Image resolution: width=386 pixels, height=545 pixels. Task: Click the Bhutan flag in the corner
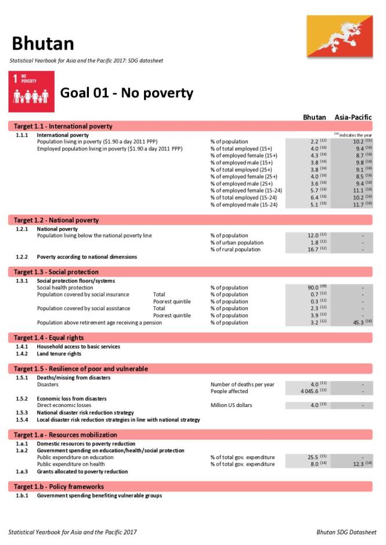click(340, 36)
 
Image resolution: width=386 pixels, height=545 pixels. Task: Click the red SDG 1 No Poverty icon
click(32, 92)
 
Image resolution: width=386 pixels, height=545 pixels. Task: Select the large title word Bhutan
click(43, 43)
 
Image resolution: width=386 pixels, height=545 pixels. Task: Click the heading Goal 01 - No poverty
click(127, 93)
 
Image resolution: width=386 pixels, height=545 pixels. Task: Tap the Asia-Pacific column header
click(353, 118)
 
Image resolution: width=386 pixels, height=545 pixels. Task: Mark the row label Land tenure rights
click(59, 354)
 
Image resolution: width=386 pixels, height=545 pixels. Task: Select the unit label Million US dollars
click(231, 405)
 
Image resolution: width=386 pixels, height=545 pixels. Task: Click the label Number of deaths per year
click(242, 384)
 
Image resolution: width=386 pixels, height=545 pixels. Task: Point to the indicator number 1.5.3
click(22, 412)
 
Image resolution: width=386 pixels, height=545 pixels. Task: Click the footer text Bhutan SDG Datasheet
click(346, 532)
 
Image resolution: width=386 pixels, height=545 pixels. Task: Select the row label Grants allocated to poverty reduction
click(82, 471)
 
